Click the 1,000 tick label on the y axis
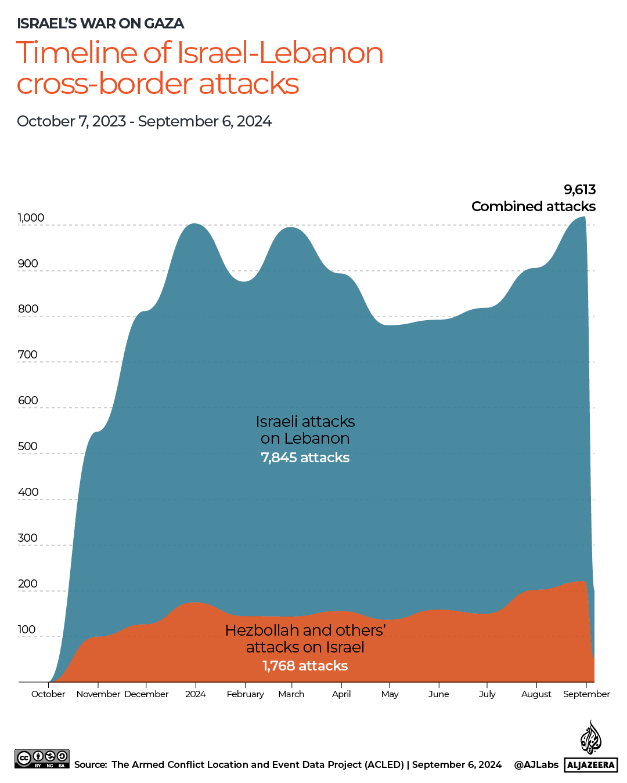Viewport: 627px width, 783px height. (31, 218)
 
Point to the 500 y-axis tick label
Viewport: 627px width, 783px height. (28, 447)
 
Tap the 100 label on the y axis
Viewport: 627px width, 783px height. (27, 630)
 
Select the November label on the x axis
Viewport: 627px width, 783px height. (98, 694)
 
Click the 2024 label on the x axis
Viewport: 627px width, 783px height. (196, 694)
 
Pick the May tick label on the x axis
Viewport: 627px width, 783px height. (390, 694)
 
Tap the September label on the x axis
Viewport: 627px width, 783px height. (586, 694)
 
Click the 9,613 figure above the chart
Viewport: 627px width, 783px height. (579, 190)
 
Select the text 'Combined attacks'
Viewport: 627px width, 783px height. (533, 206)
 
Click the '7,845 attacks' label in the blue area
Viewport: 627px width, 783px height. (305, 458)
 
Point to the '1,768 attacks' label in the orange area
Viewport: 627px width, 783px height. (305, 666)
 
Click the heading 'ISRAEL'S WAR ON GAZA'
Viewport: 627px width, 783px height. (100, 24)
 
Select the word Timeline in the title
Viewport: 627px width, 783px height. (77, 53)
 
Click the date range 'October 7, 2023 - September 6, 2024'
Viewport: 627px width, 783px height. (144, 121)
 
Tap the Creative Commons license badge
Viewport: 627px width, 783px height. (42, 759)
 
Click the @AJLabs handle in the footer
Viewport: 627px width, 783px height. (536, 764)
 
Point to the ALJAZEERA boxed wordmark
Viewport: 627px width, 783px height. (590, 765)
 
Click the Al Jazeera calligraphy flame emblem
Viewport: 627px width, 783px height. (591, 738)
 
